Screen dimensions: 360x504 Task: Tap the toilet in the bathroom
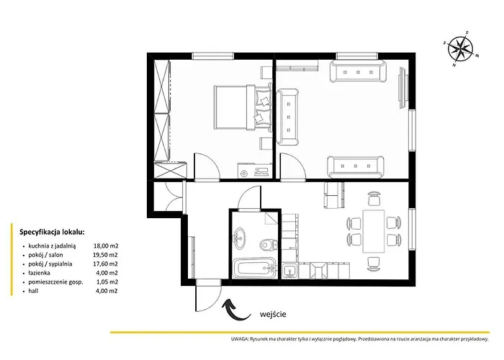coord(267,243)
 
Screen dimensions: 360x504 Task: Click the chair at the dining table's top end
coord(373,196)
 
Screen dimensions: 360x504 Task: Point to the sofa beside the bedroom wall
coord(289,115)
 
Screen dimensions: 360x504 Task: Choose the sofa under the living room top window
coord(359,73)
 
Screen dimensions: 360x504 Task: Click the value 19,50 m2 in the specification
coord(106,254)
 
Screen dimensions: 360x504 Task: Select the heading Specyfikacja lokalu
coord(51,233)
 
